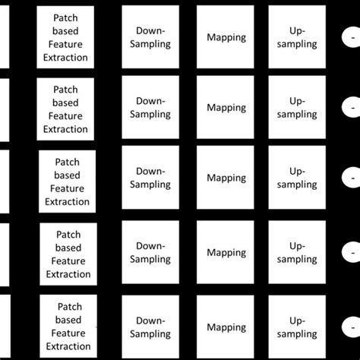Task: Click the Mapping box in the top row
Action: pyautogui.click(x=226, y=36)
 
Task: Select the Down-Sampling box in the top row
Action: pyautogui.click(x=153, y=36)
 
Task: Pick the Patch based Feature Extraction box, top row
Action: pyautogui.click(x=66, y=36)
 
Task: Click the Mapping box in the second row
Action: pyautogui.click(x=226, y=108)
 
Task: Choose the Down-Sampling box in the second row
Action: pyautogui.click(x=153, y=108)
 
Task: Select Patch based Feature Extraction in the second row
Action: pyautogui.click(x=66, y=108)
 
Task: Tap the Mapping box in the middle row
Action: pyautogui.click(x=226, y=178)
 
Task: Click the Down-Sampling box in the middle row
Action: pyautogui.click(x=153, y=178)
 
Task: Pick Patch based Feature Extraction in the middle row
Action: pyautogui.click(x=68, y=181)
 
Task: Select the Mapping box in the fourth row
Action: pyautogui.click(x=226, y=252)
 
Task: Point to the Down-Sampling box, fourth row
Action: pyautogui.click(x=153, y=252)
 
